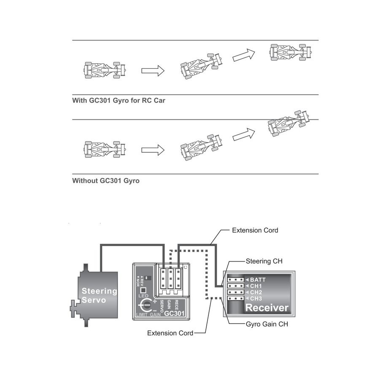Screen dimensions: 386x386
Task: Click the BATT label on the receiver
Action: click(258, 279)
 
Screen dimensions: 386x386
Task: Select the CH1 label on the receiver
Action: click(256, 286)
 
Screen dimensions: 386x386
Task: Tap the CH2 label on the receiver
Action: click(256, 292)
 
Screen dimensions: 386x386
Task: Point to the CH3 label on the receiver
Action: click(256, 298)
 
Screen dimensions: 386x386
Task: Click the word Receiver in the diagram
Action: click(267, 308)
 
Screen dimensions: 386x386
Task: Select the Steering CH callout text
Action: click(264, 261)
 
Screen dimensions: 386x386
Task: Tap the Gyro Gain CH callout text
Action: click(267, 324)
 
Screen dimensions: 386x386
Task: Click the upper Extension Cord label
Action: click(255, 230)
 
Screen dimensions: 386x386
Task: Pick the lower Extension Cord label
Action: click(170, 333)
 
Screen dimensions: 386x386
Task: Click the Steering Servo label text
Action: click(99, 295)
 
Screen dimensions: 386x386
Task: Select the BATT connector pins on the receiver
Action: click(235, 279)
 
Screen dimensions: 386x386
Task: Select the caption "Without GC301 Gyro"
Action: click(106, 181)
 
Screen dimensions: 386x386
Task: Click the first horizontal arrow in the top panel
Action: click(152, 70)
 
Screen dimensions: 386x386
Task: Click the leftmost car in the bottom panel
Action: click(105, 149)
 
